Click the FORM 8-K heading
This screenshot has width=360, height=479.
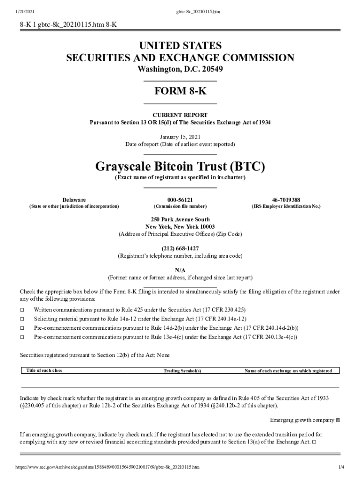pyautogui.click(x=180, y=91)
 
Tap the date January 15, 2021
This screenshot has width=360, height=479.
pyautogui.click(x=180, y=137)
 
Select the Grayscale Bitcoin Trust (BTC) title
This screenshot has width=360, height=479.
pyautogui.click(x=180, y=167)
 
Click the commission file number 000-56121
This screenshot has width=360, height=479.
pyautogui.click(x=180, y=199)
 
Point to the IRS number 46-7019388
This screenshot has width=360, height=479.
pyautogui.click(x=286, y=199)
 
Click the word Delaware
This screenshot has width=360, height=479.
pyautogui.click(x=74, y=199)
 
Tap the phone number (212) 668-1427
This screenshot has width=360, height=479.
pyautogui.click(x=180, y=248)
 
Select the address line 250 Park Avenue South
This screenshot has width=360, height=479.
pyautogui.click(x=180, y=219)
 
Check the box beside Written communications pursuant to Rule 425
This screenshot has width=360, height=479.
pyautogui.click(x=22, y=310)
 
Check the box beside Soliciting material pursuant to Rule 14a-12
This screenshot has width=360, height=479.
pyautogui.click(x=22, y=319)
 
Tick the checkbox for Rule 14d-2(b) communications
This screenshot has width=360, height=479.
pyautogui.click(x=22, y=328)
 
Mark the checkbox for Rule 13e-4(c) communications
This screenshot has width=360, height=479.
pyautogui.click(x=22, y=337)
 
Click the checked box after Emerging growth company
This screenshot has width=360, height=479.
pyautogui.click(x=338, y=420)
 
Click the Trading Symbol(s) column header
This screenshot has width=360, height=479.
pyautogui.click(x=182, y=371)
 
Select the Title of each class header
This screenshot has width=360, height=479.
pyautogui.click(x=44, y=370)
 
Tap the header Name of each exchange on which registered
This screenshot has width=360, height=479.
pyautogui.click(x=288, y=371)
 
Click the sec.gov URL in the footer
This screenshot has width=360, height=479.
pyautogui.click(x=108, y=467)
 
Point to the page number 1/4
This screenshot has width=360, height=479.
pyautogui.click(x=341, y=467)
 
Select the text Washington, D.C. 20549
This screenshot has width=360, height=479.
pyautogui.click(x=180, y=70)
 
